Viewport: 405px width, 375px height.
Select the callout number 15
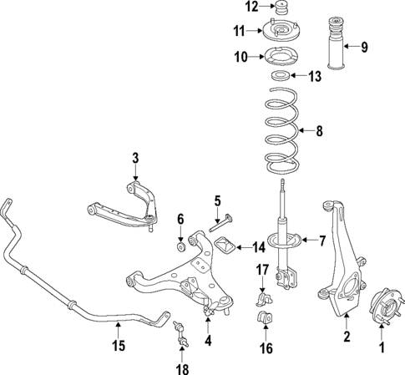click(119, 342)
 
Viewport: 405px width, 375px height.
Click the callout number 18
click(182, 368)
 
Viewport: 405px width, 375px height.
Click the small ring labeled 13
click(281, 77)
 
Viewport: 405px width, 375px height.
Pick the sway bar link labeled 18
click(180, 333)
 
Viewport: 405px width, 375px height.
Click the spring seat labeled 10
click(281, 58)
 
